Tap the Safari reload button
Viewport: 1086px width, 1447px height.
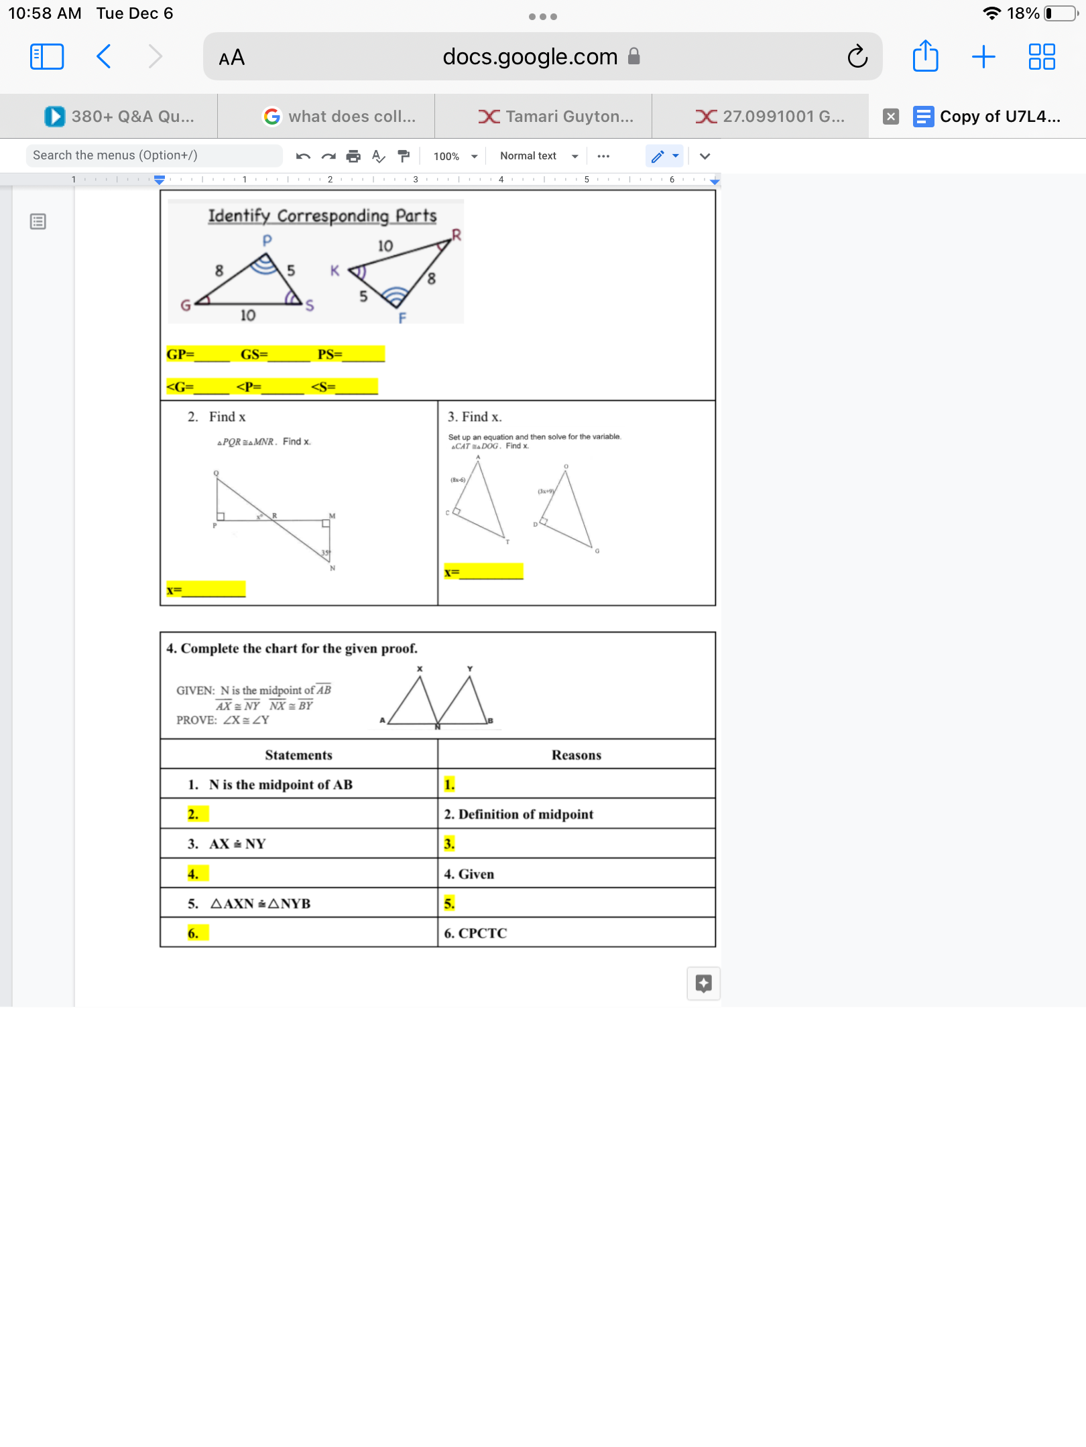[x=857, y=57]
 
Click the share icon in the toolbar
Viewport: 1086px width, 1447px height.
[x=925, y=56]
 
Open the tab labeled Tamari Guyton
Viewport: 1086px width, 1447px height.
[x=556, y=117]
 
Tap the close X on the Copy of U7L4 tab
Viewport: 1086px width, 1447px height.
[x=890, y=117]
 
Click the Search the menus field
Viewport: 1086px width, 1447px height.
[x=154, y=155]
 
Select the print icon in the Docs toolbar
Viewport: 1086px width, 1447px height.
[x=353, y=156]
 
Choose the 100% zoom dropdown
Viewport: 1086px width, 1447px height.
[x=455, y=156]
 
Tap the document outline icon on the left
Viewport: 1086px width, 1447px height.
[x=38, y=222]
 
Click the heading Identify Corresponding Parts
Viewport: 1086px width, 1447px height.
[x=322, y=216]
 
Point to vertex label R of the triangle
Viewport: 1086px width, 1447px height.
[x=457, y=234]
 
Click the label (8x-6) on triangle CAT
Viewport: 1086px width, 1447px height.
[x=458, y=480]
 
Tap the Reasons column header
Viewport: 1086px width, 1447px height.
[x=576, y=755]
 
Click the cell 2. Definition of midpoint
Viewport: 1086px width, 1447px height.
[x=518, y=814]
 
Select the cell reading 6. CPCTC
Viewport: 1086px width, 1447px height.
[x=475, y=933]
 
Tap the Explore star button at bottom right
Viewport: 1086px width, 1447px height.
[x=703, y=983]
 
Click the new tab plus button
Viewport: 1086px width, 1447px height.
[x=983, y=56]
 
